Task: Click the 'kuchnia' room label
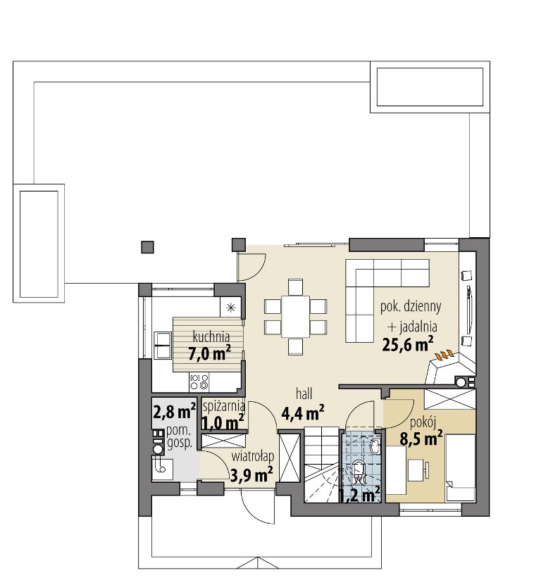tap(211, 336)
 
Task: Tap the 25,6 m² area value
tap(408, 345)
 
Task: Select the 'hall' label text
tap(304, 393)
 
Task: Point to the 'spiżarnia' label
tap(224, 406)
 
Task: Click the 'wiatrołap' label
tap(253, 456)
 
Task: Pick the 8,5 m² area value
tap(421, 439)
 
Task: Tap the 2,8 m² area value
tap(174, 412)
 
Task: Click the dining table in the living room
tap(295, 317)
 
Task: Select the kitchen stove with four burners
tap(199, 382)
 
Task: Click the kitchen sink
tap(163, 346)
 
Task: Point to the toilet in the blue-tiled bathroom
tap(358, 471)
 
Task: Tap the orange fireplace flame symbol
tap(444, 355)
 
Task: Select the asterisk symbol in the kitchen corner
tap(230, 308)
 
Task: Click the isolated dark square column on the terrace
tap(148, 247)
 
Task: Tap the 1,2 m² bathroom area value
tap(359, 495)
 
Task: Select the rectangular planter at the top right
tap(430, 87)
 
